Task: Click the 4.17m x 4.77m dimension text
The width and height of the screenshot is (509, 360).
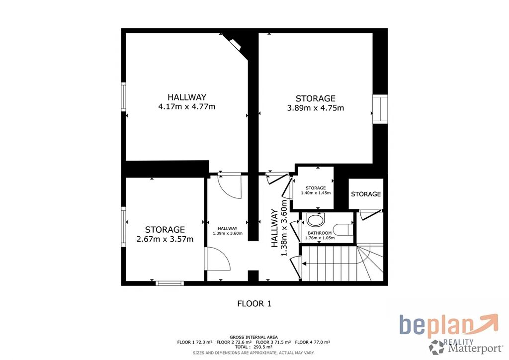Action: click(187, 106)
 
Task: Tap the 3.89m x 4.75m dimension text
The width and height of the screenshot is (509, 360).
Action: click(316, 108)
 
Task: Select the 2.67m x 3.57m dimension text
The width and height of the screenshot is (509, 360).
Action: click(165, 239)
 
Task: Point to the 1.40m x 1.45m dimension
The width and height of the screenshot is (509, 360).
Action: click(316, 193)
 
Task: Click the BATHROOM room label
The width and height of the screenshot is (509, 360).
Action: click(320, 233)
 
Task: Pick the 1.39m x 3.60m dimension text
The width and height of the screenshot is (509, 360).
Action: click(228, 233)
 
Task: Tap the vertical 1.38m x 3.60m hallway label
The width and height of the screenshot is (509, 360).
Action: click(279, 228)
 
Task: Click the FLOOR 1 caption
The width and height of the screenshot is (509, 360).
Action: click(254, 304)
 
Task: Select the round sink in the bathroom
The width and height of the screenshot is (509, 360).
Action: click(315, 221)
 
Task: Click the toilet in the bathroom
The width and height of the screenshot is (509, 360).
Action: click(343, 230)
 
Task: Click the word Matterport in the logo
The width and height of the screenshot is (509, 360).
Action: click(475, 349)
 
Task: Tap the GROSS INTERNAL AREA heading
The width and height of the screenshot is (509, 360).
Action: click(254, 337)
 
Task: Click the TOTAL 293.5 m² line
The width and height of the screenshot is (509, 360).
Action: click(254, 347)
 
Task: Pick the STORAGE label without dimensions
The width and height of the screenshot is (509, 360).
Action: click(366, 194)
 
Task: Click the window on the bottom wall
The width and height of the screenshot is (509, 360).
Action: click(170, 283)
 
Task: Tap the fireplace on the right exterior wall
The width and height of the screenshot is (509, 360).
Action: click(380, 109)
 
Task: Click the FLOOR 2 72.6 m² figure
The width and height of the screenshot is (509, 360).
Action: click(234, 342)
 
